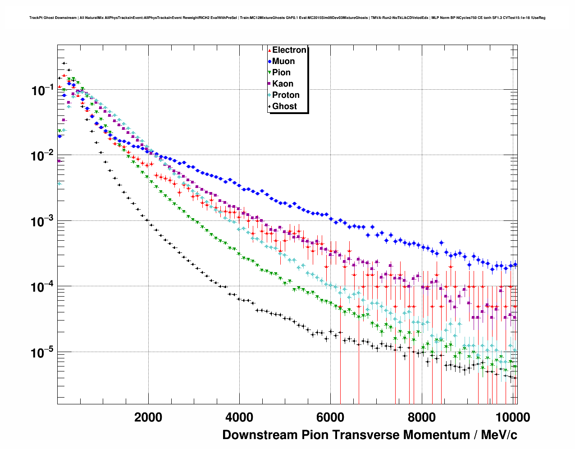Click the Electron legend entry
point(289,50)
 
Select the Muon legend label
point(283,61)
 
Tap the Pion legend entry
point(281,73)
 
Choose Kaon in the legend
point(283,84)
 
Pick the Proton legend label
point(286,95)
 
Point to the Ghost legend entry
point(284,106)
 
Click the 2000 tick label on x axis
point(148,417)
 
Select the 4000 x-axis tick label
point(239,417)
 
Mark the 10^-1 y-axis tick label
point(43,90)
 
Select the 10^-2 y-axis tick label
point(43,156)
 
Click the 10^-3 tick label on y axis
point(43,221)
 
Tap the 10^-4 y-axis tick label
point(43,287)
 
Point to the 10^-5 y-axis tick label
point(43,352)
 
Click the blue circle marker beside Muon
point(269,61)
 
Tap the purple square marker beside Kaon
point(269,84)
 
